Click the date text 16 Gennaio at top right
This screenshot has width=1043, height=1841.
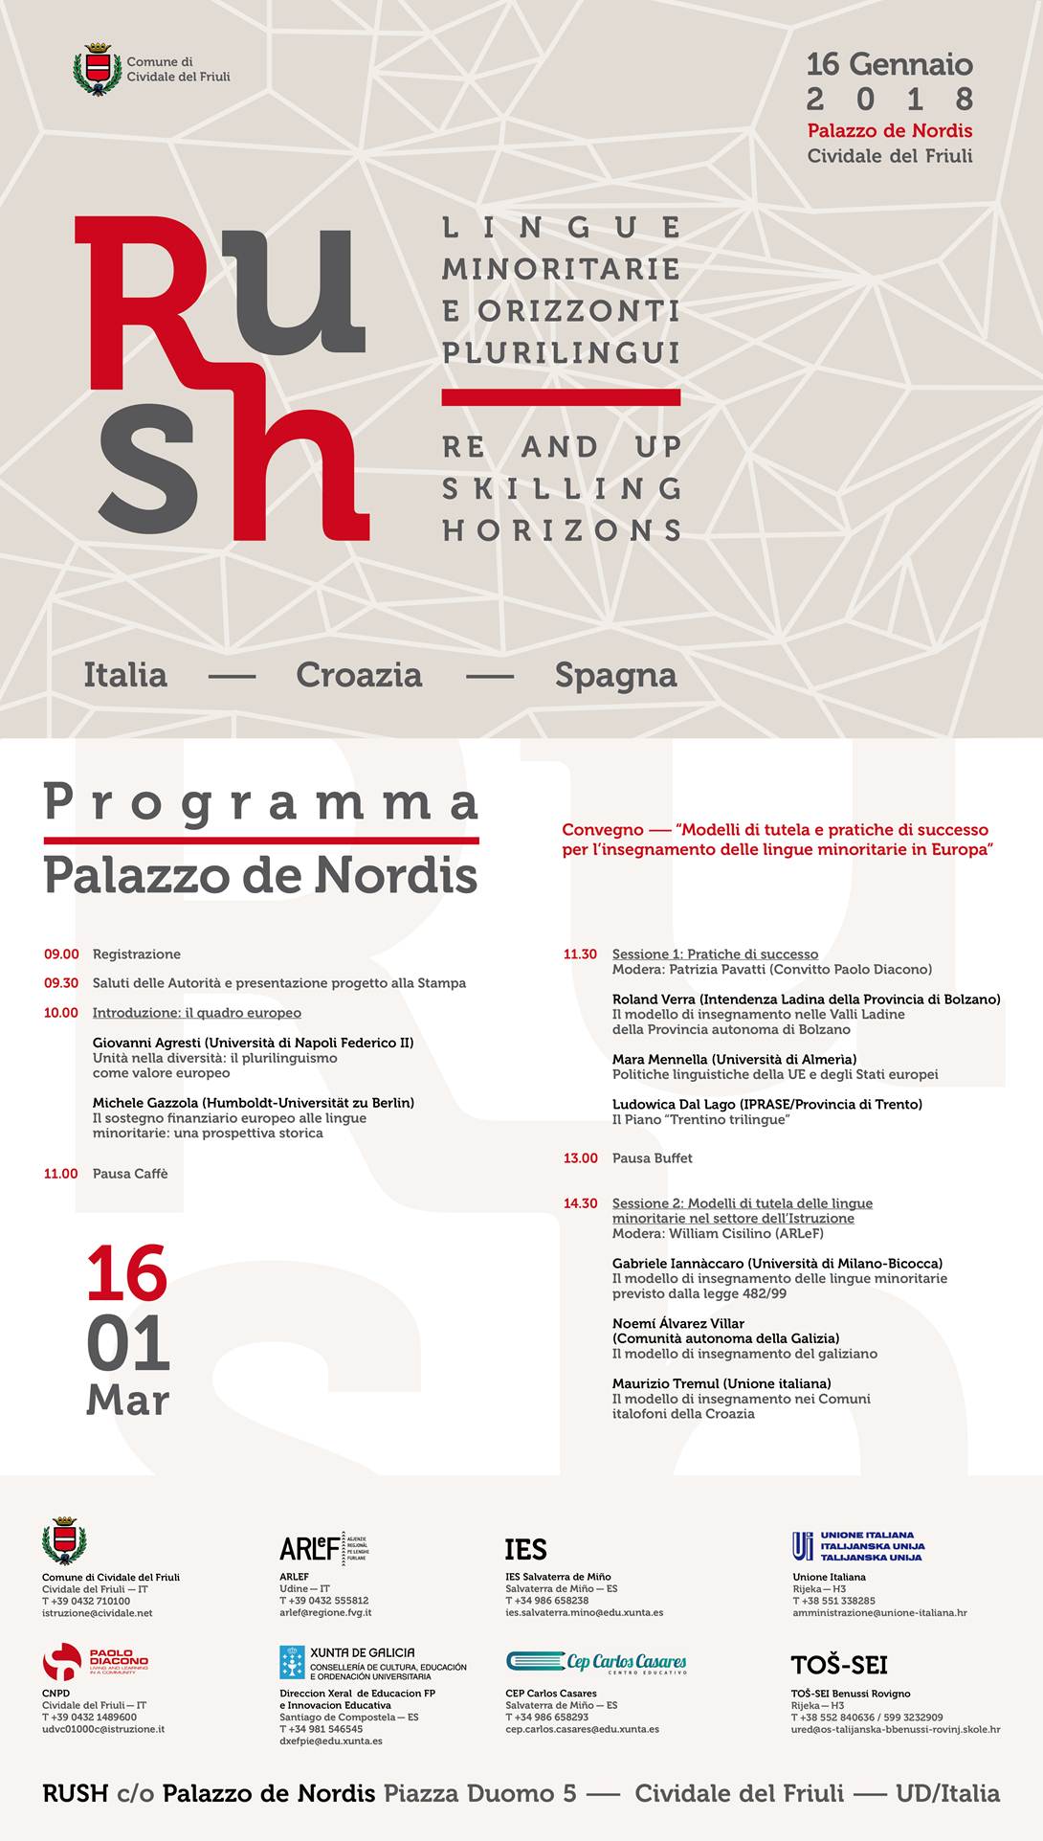[x=889, y=64]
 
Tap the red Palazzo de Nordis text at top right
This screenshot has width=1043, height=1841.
[x=889, y=130]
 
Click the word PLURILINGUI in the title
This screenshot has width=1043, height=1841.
[x=561, y=352]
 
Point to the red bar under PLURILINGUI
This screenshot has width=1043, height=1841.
[x=561, y=396]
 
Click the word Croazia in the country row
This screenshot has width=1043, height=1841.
[x=359, y=675]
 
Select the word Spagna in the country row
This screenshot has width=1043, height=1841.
[x=615, y=675]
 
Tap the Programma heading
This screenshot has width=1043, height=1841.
[x=260, y=802]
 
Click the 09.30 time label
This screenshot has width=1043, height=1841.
[x=61, y=983]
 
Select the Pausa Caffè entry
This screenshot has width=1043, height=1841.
[x=130, y=1174]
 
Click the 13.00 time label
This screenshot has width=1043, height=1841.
[x=580, y=1158]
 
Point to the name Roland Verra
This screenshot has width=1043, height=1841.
[x=654, y=999]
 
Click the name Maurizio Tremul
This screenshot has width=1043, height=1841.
[x=665, y=1383]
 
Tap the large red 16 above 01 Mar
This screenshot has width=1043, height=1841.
[x=127, y=1273]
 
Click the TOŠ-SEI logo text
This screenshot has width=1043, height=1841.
[x=838, y=1665]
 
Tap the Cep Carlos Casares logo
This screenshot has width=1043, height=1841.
[x=595, y=1662]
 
